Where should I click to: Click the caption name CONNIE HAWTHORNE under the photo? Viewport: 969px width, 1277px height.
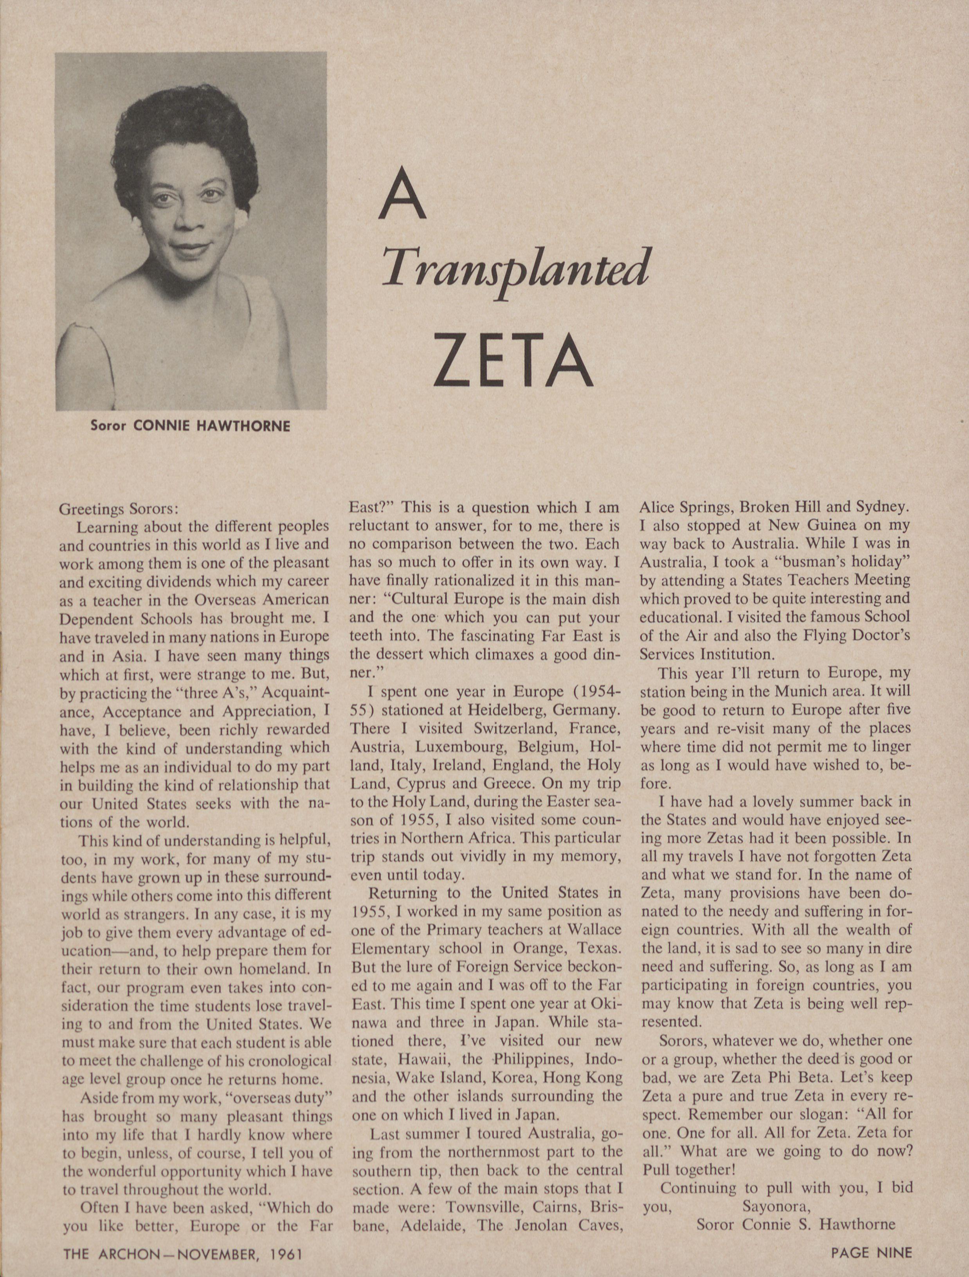[x=211, y=426]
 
